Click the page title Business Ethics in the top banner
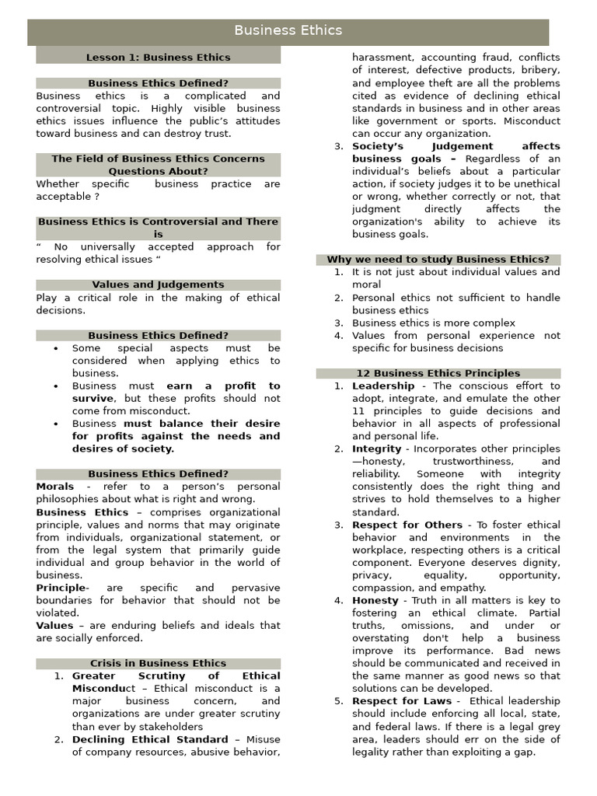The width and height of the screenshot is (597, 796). point(288,31)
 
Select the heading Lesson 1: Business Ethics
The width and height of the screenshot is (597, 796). point(158,57)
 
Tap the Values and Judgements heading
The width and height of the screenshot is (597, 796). point(158,285)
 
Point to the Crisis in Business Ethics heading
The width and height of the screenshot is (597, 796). point(158,663)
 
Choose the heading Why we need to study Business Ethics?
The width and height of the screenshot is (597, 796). point(438,260)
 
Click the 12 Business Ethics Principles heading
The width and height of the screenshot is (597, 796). point(438,373)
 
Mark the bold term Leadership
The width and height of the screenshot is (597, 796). point(383,386)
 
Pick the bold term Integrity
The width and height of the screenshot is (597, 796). point(376,449)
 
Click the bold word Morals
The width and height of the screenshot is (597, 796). point(55,487)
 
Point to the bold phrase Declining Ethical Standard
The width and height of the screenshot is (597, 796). point(150,739)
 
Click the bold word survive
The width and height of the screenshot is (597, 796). point(93,398)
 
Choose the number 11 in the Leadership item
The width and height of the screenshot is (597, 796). point(358,410)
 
